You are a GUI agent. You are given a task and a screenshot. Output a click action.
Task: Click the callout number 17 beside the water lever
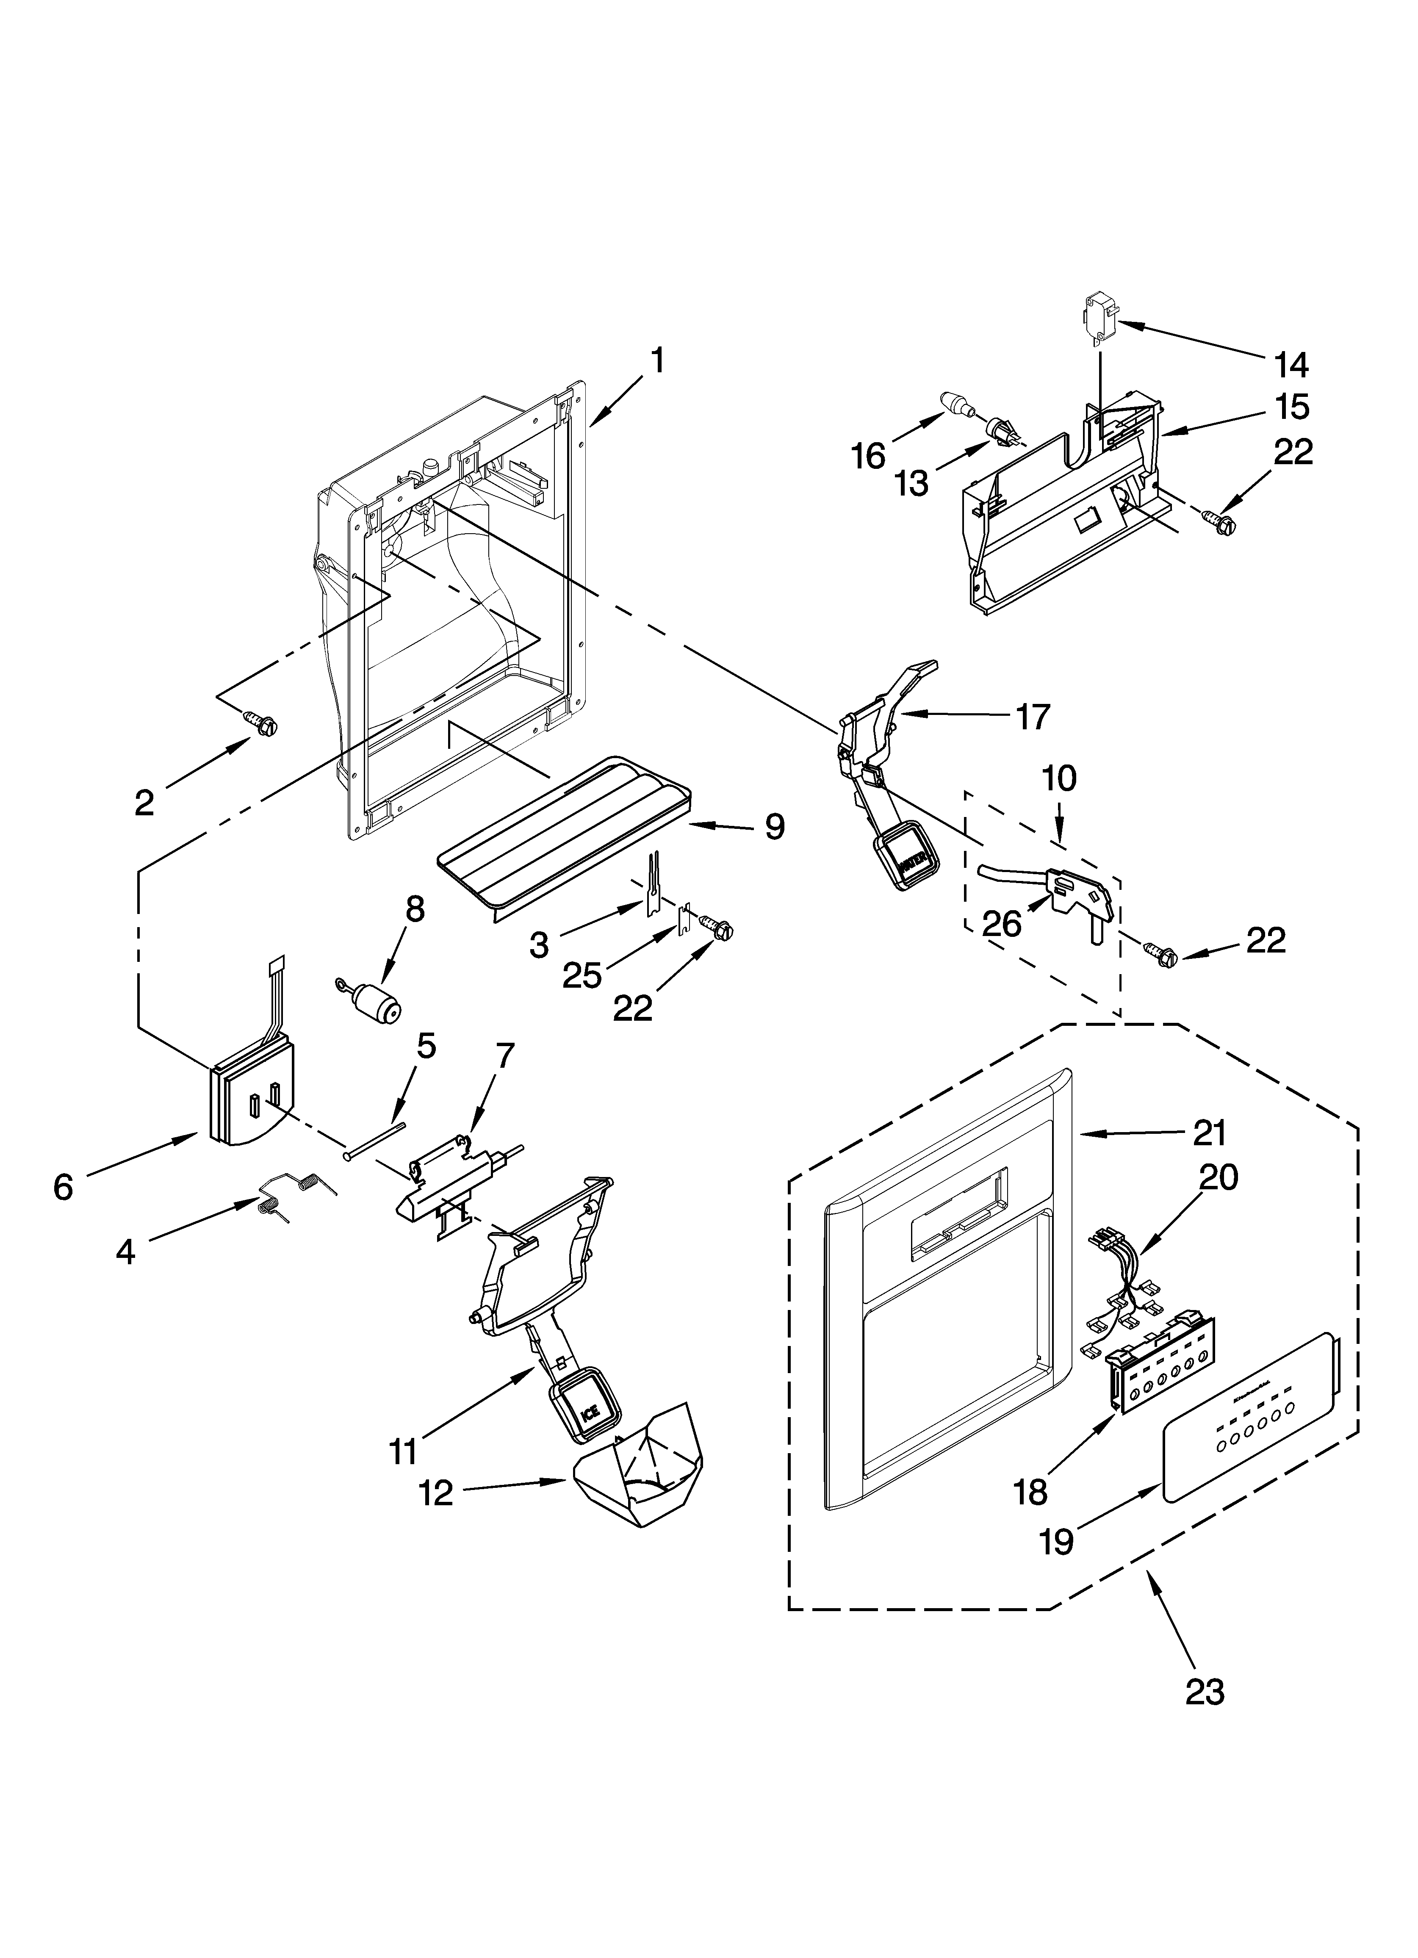tap(1033, 717)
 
